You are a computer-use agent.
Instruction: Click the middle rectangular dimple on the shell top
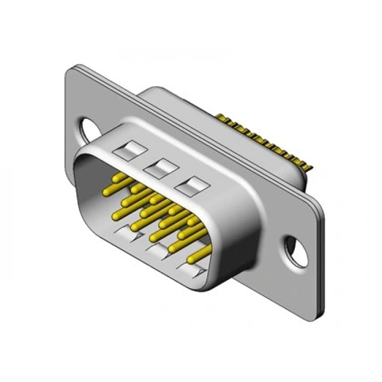(157, 167)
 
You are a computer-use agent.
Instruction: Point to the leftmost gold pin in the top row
(116, 178)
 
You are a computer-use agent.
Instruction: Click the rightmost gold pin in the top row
(192, 222)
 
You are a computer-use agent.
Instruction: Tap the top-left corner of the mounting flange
(70, 69)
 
